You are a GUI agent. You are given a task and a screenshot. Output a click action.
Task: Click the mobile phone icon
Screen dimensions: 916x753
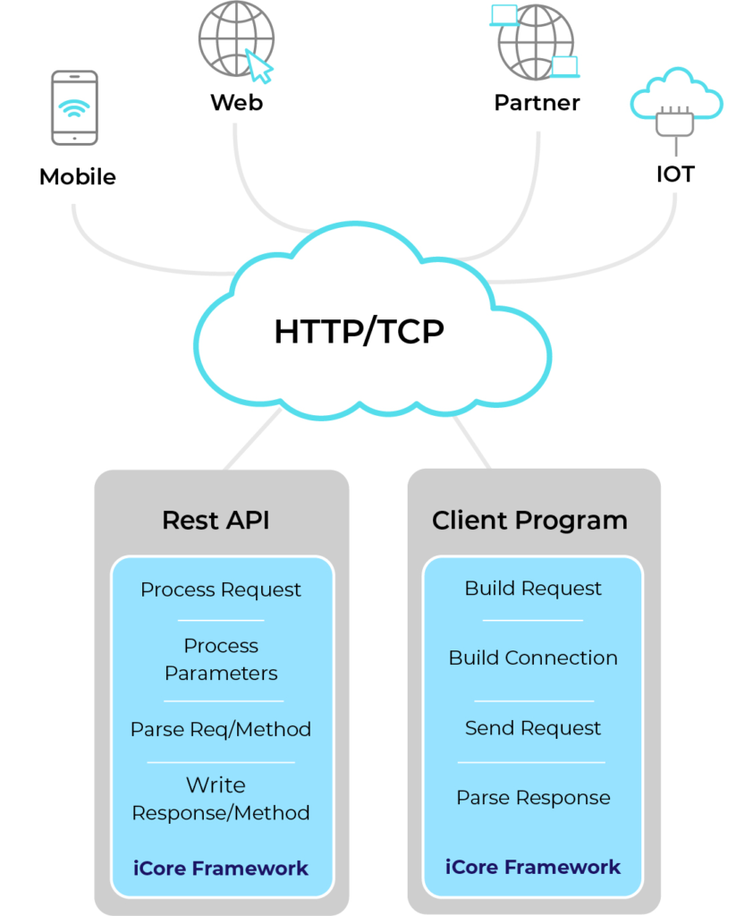pyautogui.click(x=74, y=107)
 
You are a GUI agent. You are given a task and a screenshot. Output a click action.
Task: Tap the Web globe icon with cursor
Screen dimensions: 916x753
pyautogui.click(x=236, y=40)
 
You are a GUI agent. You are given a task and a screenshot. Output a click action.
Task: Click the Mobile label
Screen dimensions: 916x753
pyautogui.click(x=78, y=177)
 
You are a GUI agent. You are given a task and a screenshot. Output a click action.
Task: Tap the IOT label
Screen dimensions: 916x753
pyautogui.click(x=675, y=174)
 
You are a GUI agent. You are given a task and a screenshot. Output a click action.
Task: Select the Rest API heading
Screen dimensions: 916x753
pyautogui.click(x=216, y=521)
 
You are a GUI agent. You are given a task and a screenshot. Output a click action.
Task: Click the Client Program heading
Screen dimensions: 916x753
pyautogui.click(x=529, y=521)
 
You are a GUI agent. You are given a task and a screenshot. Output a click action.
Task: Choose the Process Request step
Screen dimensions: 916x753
pyautogui.click(x=221, y=590)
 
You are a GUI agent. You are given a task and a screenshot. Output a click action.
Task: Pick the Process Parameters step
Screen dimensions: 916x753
pyautogui.click(x=221, y=659)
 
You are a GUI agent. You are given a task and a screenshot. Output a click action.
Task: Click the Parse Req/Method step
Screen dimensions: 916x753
pyautogui.click(x=221, y=729)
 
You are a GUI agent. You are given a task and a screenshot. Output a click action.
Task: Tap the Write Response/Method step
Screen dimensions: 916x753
pyautogui.click(x=221, y=799)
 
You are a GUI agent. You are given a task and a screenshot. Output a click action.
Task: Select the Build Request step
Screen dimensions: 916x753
pyautogui.click(x=533, y=589)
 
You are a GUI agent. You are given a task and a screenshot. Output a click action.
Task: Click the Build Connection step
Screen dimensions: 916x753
pyautogui.click(x=533, y=658)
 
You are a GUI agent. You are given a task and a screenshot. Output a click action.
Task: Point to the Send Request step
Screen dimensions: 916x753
pyautogui.click(x=533, y=728)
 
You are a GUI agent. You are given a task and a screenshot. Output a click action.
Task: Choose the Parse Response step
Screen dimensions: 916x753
pyautogui.click(x=533, y=798)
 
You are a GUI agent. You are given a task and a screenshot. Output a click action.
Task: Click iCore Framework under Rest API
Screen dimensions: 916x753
pyautogui.click(x=221, y=868)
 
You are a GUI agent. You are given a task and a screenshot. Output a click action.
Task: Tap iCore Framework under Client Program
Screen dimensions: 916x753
pyautogui.click(x=533, y=867)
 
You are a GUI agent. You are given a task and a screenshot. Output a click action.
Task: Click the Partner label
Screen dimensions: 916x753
pyautogui.click(x=537, y=103)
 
